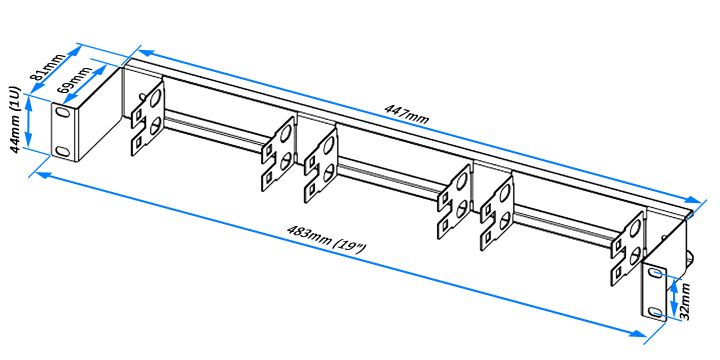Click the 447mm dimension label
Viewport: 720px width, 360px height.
(407, 115)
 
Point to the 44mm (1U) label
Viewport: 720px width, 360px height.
(15, 119)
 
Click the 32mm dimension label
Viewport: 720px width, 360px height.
(684, 301)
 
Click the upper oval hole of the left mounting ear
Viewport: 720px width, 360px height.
(61, 112)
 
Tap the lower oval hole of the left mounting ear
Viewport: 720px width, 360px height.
(61, 150)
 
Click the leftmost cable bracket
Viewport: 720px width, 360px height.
(148, 116)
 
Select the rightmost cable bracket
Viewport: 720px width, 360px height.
(627, 248)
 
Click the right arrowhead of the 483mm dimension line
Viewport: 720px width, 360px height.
(640, 332)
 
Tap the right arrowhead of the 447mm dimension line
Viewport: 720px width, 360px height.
(692, 200)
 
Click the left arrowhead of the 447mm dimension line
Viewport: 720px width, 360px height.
(145, 52)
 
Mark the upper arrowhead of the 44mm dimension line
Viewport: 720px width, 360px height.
(28, 102)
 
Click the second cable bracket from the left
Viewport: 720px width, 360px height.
(278, 153)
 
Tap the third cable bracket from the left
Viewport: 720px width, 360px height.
(321, 165)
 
